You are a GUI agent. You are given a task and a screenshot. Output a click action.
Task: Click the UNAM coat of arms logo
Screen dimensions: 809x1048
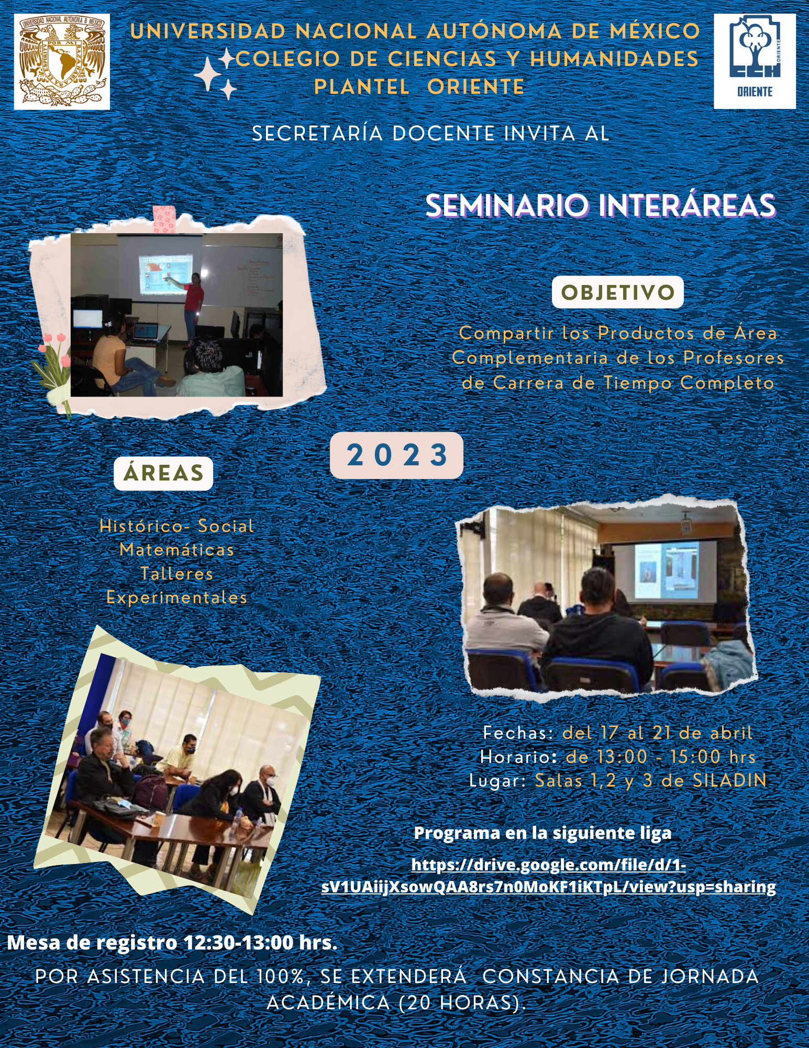[62, 62]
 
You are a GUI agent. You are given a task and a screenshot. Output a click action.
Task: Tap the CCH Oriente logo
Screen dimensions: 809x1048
[755, 61]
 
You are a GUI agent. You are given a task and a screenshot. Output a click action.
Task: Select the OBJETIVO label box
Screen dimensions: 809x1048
[618, 292]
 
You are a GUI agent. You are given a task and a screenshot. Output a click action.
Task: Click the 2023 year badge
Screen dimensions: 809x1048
[397, 455]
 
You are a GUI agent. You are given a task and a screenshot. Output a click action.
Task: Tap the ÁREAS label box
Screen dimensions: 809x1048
[163, 473]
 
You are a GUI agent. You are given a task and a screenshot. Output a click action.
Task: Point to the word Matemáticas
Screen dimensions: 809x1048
[177, 550]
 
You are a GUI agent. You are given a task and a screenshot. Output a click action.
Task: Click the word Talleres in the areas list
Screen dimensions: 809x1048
[177, 574]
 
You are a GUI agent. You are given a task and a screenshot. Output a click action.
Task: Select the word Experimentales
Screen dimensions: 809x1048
[177, 598]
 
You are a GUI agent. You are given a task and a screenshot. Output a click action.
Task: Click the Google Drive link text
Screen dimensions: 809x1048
[548, 876]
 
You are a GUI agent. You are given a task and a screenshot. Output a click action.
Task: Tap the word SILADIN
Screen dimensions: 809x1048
[730, 781]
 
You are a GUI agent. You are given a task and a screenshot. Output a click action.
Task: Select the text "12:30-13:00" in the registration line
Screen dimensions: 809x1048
[239, 943]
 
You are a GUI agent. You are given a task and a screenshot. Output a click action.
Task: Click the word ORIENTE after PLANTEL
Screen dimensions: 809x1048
[475, 87]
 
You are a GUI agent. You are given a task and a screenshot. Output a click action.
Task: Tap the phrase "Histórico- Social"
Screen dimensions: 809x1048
[177, 526]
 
